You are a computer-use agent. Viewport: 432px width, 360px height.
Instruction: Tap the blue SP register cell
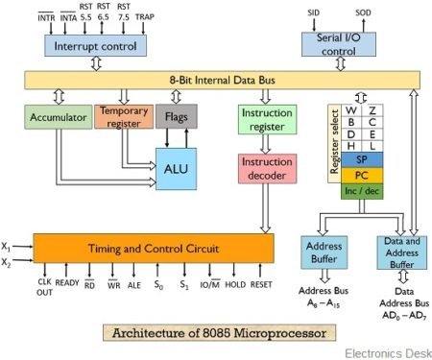coord(361,158)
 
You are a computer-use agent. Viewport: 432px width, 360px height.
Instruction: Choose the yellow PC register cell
coord(361,175)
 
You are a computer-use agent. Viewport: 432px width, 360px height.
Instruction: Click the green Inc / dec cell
coord(361,191)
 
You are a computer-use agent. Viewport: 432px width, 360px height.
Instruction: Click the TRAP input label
coord(147,17)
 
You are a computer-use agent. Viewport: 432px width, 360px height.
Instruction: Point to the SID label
coord(313,12)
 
